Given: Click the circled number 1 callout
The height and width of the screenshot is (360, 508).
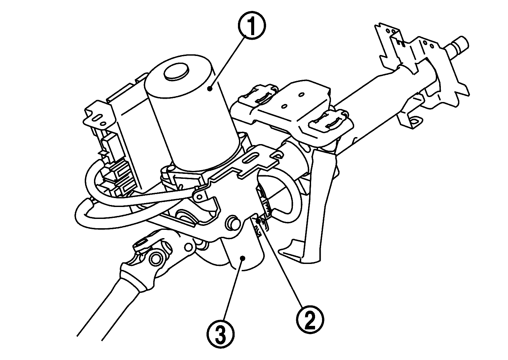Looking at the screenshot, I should (x=251, y=28).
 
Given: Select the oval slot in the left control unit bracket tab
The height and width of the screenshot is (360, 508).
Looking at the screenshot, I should (x=99, y=118).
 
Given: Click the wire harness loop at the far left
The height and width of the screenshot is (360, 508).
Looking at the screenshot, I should (x=87, y=212).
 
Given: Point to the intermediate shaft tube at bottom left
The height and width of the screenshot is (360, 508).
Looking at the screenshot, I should (x=109, y=308).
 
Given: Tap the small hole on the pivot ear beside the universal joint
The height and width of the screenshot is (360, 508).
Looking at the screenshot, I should (x=189, y=246).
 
